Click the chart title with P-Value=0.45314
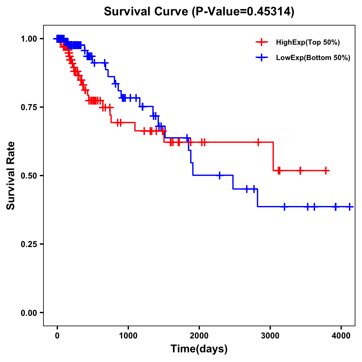point(199,11)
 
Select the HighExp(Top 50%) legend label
point(308,43)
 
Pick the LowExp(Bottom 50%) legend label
point(313,58)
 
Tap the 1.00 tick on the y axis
point(29,39)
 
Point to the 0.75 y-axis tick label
point(29,107)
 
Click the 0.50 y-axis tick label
point(29,176)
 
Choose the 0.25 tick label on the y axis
point(29,244)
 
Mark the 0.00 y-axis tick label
point(29,313)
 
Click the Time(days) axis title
point(199,349)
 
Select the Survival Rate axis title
point(11,176)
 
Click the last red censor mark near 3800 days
point(326,170)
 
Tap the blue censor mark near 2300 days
point(219,175)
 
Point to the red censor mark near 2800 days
point(258,142)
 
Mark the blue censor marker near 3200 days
point(284,207)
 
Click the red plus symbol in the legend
point(262,43)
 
